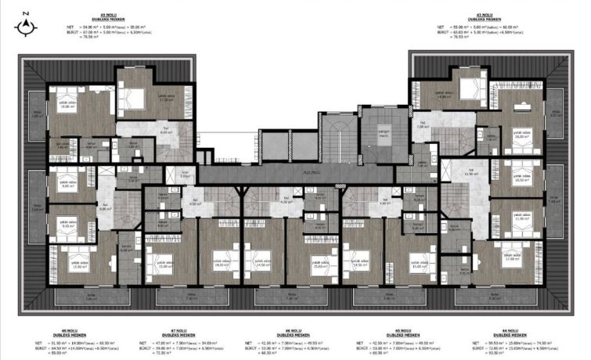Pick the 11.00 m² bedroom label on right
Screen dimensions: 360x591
[520, 219]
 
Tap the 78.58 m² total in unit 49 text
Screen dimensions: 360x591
[81, 37]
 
